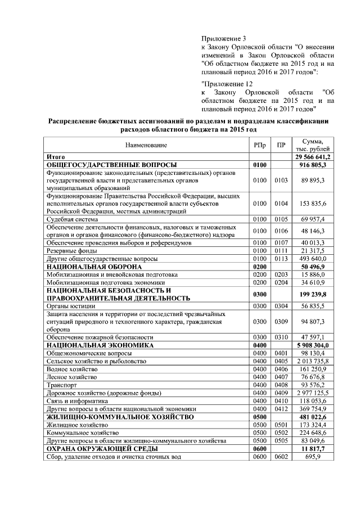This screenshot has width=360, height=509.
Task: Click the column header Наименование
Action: tap(146, 145)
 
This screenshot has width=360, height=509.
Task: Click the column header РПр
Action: tap(259, 145)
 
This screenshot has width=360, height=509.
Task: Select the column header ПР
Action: tap(281, 145)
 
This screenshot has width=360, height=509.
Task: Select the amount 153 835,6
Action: tap(313, 203)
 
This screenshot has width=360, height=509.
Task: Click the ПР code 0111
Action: tap(281, 250)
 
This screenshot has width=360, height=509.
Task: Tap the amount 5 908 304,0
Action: tap(313, 345)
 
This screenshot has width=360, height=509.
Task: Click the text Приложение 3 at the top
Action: tap(220, 39)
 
